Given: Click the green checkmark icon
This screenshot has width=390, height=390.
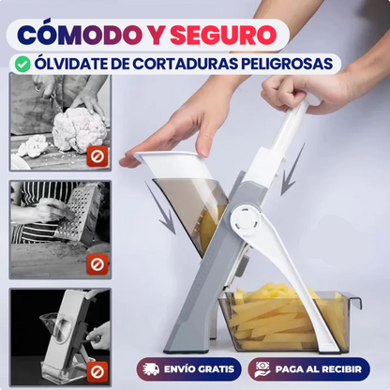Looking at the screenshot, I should pos(22,65).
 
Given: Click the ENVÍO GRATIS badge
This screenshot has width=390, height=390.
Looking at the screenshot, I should pos(190,367).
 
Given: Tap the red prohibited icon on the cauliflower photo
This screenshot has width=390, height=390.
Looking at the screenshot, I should pos(97,157).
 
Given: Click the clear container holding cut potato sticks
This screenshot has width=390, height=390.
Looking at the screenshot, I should pos(281,320).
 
